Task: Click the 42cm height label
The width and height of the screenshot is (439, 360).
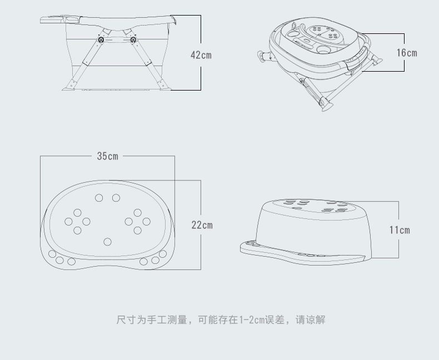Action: click(201, 55)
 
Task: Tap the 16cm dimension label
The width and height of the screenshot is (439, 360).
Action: click(406, 53)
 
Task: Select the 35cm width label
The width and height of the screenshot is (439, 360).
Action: click(108, 156)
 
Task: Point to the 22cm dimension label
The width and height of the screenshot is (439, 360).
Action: click(202, 225)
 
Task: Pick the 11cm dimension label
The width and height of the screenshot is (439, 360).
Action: click(399, 229)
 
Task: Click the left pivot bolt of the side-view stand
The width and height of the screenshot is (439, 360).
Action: click(101, 40)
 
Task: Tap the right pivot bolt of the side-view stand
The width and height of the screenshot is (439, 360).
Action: click(133, 40)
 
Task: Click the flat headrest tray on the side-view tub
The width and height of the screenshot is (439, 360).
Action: click(53, 20)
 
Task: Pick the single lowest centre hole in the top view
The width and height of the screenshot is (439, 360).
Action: click(108, 241)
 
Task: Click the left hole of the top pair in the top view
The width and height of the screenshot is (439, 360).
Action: click(99, 198)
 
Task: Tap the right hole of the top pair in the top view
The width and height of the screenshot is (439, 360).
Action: click(116, 198)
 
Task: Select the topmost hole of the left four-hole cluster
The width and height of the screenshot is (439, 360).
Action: click(77, 212)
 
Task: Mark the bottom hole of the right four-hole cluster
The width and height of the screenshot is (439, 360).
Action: click(137, 230)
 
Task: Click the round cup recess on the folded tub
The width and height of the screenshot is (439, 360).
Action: click(323, 51)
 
